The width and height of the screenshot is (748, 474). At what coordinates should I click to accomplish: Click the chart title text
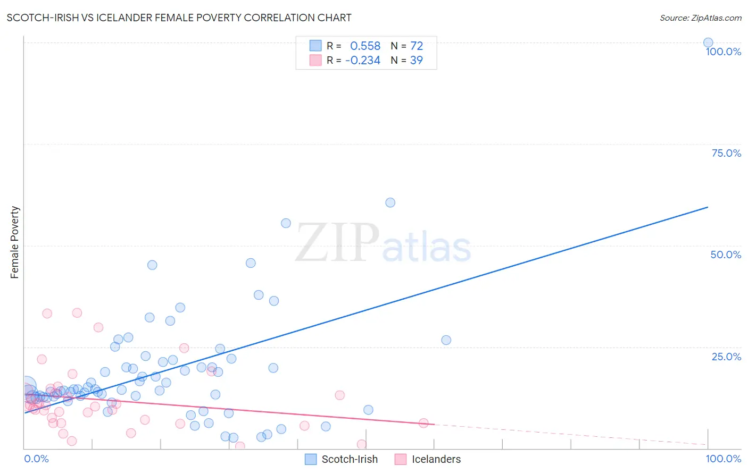[179, 18]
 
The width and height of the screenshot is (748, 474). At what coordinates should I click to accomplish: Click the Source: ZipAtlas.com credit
[700, 18]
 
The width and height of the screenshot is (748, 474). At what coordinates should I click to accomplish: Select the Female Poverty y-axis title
[14, 242]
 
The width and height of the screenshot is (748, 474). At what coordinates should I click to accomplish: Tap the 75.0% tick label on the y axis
[726, 153]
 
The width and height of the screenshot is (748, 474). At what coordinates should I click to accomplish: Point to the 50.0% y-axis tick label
[726, 255]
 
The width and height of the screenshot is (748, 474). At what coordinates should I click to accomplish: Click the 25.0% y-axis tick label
[726, 357]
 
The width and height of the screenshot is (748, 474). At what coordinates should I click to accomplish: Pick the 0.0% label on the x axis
[36, 459]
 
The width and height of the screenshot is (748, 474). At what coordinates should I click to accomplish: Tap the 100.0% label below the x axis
[723, 459]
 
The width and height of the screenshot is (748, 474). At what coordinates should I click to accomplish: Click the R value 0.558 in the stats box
[365, 46]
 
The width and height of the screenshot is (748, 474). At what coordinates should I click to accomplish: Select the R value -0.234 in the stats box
[362, 60]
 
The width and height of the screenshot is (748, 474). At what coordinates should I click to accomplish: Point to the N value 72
[416, 46]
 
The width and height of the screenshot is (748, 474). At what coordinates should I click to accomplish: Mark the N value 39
[416, 60]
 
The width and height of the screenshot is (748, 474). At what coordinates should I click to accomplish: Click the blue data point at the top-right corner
[708, 43]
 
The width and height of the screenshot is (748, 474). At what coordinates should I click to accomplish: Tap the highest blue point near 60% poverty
[390, 202]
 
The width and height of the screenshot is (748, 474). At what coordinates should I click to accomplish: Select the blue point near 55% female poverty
[286, 223]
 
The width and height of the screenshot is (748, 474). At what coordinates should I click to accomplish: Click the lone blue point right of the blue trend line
[446, 340]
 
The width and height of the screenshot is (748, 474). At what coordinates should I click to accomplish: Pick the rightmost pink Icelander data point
[423, 423]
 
